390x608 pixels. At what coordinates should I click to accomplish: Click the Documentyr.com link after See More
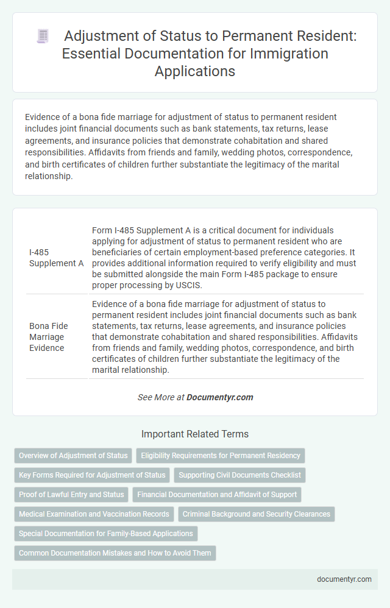[x=220, y=397]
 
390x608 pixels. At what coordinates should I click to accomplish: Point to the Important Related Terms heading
[x=195, y=434]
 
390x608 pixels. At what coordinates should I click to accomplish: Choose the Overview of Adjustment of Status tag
[x=73, y=456]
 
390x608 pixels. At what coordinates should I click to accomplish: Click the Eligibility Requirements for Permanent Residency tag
[x=220, y=456]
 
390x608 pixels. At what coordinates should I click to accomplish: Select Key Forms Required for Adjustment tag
[x=92, y=475]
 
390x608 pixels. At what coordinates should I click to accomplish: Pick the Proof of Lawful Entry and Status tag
[x=71, y=495]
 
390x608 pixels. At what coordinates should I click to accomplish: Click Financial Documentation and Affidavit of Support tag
[x=218, y=495]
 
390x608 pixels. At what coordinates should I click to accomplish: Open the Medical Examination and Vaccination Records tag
[x=94, y=514]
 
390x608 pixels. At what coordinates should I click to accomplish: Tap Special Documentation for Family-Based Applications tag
[x=105, y=534]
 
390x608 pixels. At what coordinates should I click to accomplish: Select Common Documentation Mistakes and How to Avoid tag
[x=115, y=553]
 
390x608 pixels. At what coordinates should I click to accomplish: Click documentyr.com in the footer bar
[x=344, y=579]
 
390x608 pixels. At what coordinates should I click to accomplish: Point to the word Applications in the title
[x=194, y=71]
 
